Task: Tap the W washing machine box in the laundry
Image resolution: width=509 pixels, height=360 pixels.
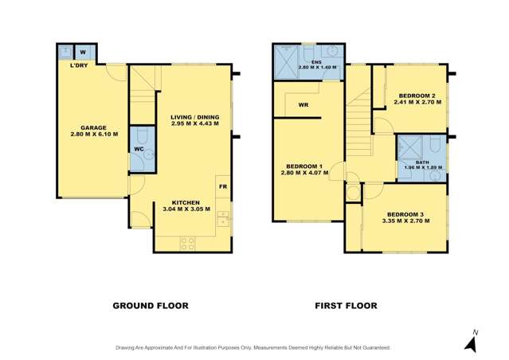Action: click(83, 52)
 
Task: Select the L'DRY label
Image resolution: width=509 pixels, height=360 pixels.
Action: click(78, 65)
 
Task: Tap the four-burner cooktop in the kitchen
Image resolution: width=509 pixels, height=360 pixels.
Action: click(189, 243)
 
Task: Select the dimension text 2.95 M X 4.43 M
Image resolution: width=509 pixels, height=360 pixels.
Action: click(194, 126)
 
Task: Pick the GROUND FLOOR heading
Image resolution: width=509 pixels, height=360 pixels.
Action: click(150, 305)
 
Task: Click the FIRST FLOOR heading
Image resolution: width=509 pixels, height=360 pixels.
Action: click(346, 305)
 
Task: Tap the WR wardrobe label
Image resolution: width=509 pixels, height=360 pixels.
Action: click(303, 104)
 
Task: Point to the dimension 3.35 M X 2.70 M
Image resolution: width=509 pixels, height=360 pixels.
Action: click(407, 221)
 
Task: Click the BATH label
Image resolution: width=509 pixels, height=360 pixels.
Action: click(421, 162)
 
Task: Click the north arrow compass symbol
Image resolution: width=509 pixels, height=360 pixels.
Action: click(471, 342)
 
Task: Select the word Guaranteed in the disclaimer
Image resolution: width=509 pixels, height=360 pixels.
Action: click(373, 347)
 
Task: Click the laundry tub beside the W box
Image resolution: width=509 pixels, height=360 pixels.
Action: click(65, 52)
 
